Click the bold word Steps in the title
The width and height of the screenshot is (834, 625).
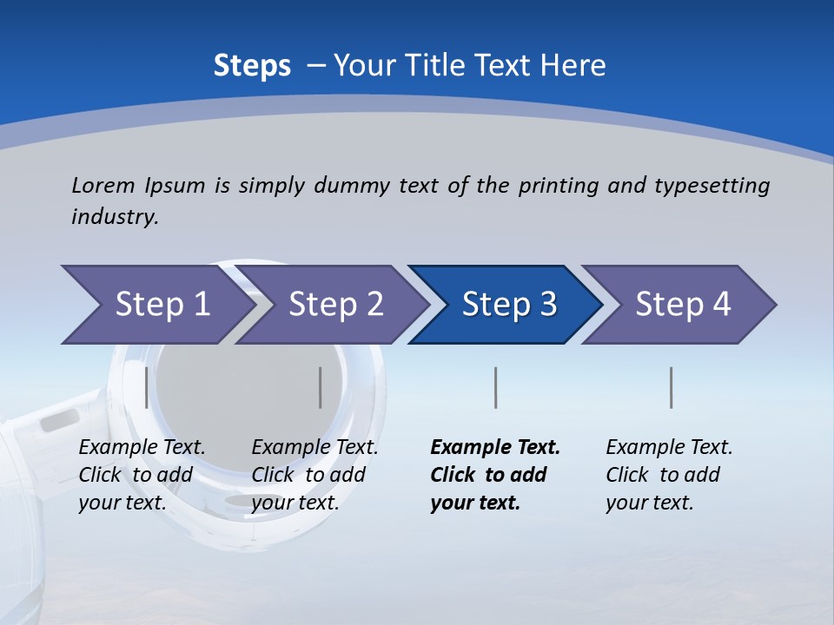[252, 65]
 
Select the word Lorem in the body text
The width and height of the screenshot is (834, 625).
[103, 185]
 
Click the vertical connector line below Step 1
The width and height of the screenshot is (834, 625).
[146, 387]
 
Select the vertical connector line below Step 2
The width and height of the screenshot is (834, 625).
[321, 387]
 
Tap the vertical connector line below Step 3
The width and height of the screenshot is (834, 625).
[495, 387]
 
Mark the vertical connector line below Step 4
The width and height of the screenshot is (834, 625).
[672, 387]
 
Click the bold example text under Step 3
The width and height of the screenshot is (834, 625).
[495, 475]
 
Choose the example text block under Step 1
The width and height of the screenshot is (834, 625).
[142, 475]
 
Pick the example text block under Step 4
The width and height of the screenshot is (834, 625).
[669, 475]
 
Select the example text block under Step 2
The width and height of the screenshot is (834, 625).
[314, 475]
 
